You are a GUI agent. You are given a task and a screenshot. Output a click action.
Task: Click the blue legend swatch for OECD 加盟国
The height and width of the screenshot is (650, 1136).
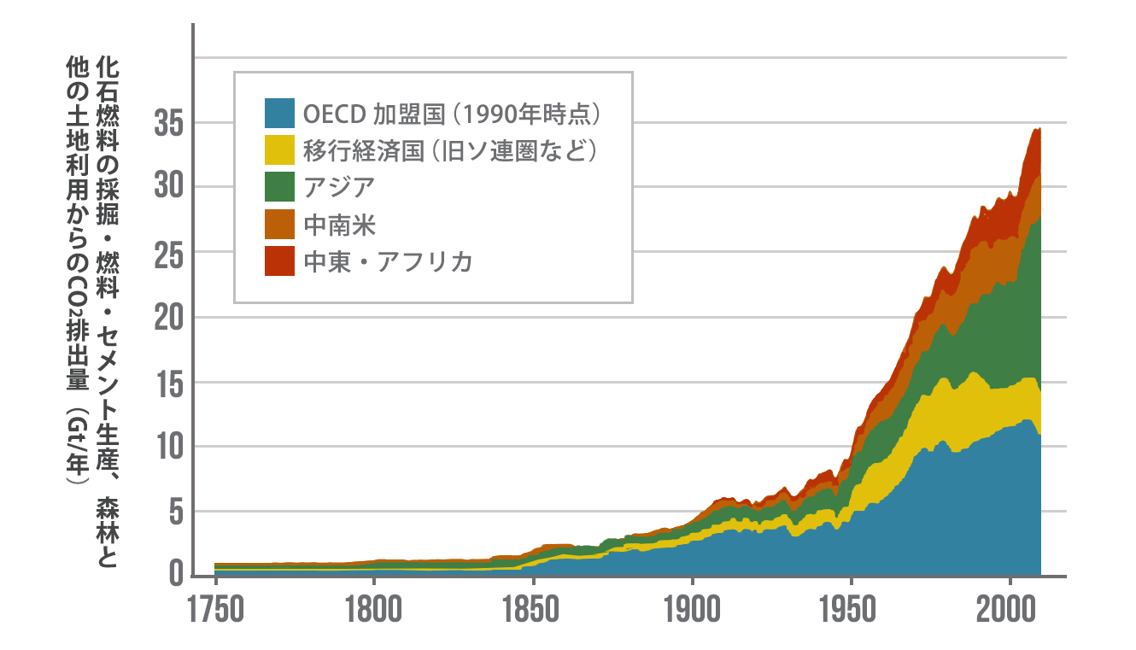[x=278, y=113]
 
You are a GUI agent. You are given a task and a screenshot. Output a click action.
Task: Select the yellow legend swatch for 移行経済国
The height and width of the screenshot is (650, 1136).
[x=278, y=149]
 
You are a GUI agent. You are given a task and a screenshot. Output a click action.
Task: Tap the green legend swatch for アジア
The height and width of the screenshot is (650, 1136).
[x=278, y=187]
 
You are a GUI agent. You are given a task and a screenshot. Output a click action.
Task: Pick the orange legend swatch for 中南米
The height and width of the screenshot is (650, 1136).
[x=278, y=225]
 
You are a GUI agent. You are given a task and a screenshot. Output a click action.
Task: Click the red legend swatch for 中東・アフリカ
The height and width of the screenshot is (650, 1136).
[x=278, y=261]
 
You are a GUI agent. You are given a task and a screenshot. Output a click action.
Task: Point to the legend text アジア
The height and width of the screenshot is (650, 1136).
[x=339, y=187]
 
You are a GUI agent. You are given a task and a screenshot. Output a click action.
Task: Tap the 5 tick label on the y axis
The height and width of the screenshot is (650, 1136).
[x=176, y=512]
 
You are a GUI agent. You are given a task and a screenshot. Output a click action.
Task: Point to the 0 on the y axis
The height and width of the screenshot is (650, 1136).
[x=176, y=575]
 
